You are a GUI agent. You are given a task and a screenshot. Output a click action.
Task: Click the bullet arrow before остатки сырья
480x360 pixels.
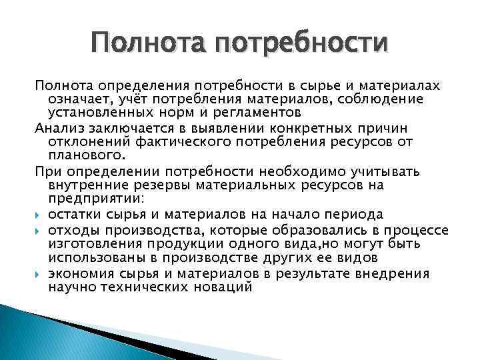(x=39, y=214)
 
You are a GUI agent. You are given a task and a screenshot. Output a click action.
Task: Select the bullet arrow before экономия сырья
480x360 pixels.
(x=39, y=275)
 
